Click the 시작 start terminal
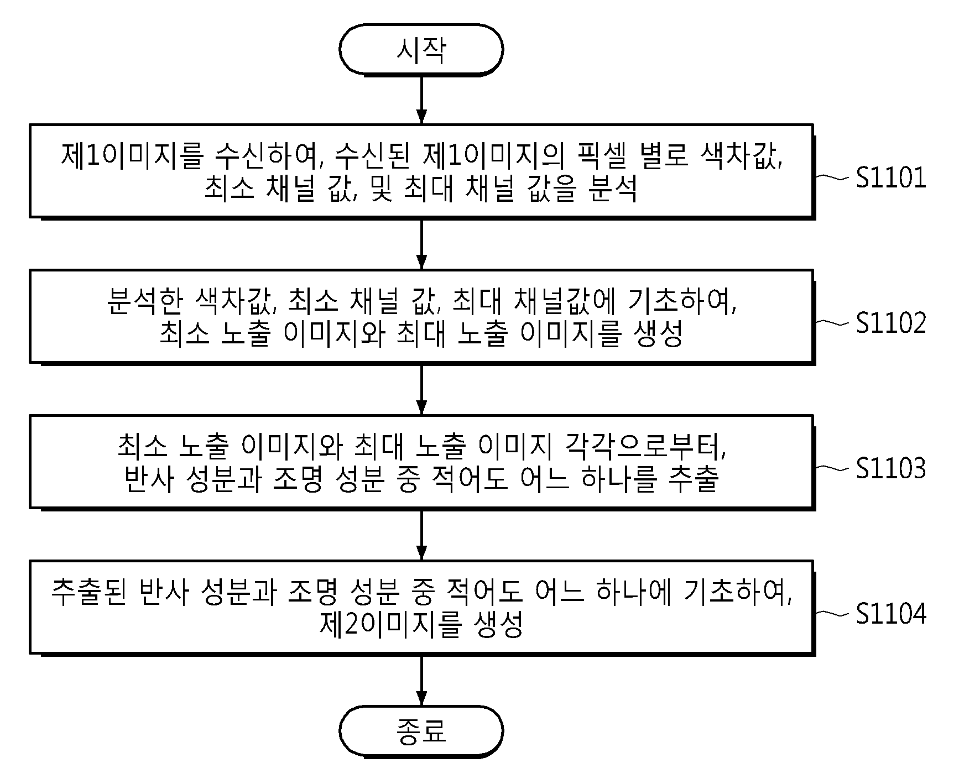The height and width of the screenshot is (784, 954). coord(421,50)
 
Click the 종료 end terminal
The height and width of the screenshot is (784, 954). coord(421,731)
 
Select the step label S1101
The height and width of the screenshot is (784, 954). coord(891,178)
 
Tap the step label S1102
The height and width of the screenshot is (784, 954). coord(891,323)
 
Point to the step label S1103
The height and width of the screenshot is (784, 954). coord(891,468)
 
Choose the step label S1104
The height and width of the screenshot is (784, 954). coord(891,614)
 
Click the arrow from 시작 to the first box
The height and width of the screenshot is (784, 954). coord(421,100)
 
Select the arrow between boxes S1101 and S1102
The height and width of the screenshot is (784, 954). coord(421,244)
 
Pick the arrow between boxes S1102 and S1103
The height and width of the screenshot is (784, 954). coord(421,389)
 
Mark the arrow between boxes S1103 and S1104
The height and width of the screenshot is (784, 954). coord(421,535)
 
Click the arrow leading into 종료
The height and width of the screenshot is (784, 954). coord(421,681)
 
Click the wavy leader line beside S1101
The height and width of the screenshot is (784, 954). coord(832,177)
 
